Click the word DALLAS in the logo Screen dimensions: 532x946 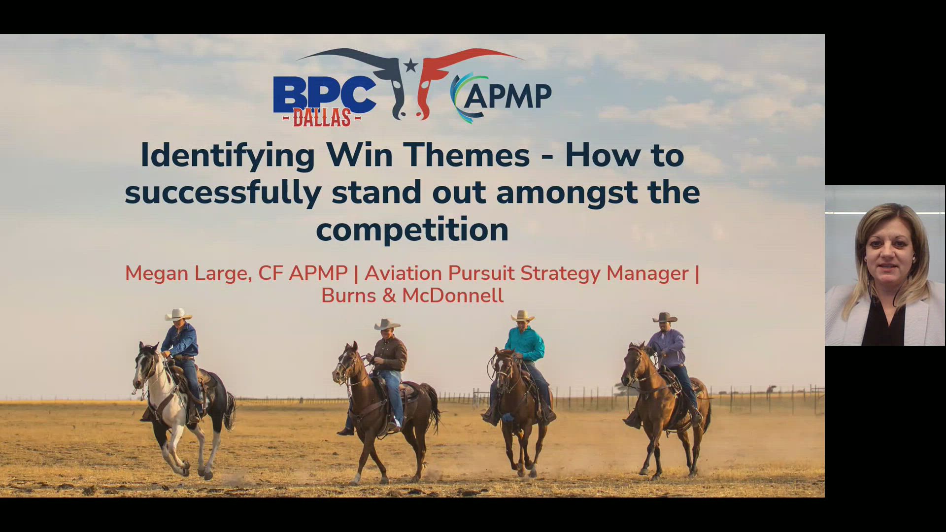[322, 118]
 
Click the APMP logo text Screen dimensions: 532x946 [507, 96]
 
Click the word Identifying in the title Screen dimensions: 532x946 [228, 155]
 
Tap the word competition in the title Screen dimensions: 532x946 [412, 230]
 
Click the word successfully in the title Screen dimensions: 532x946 [223, 192]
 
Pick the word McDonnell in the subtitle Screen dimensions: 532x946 [452, 296]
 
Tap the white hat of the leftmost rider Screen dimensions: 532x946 [178, 314]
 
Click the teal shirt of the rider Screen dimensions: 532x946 [526, 344]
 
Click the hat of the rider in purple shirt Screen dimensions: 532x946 [665, 318]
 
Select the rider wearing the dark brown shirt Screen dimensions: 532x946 [390, 355]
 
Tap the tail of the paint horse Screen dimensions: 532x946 [230, 409]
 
